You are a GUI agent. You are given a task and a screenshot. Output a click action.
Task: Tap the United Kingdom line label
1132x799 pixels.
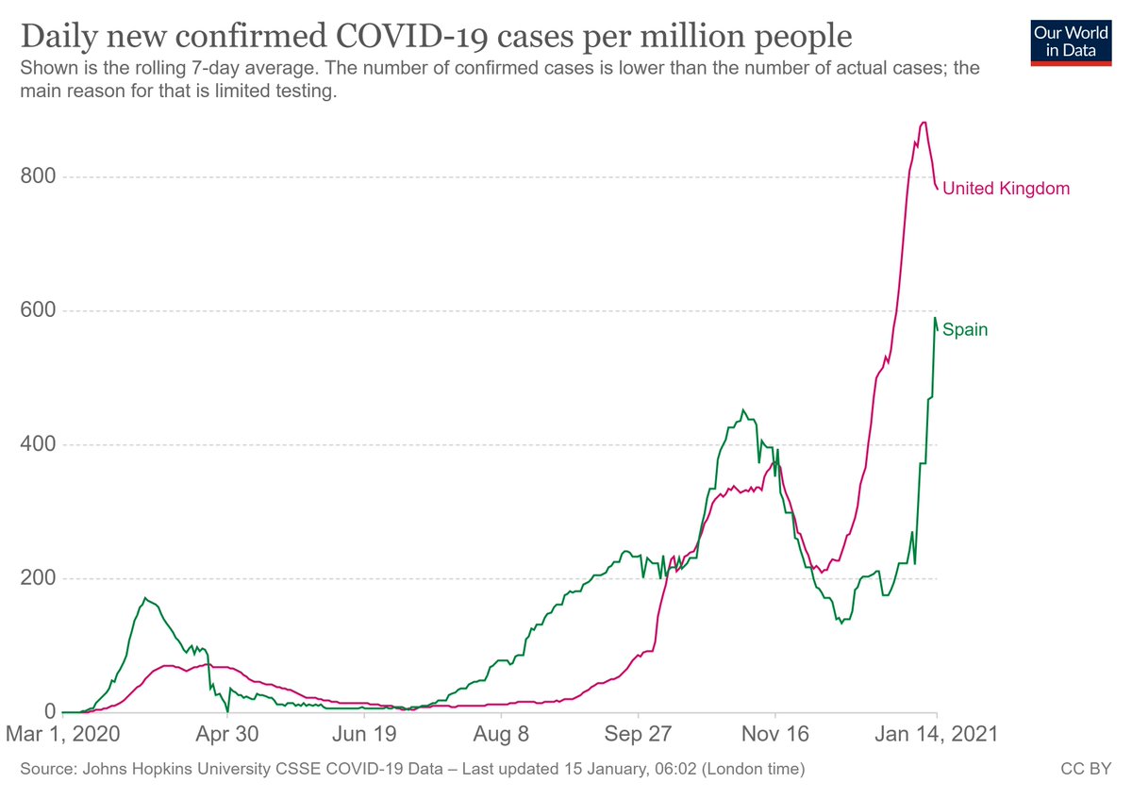1006,188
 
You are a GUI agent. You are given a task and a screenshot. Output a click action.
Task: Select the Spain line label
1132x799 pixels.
965,330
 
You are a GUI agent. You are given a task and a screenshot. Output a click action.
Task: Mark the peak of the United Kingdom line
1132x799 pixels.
924,122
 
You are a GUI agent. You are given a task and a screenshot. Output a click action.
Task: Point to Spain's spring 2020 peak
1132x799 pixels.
145,598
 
